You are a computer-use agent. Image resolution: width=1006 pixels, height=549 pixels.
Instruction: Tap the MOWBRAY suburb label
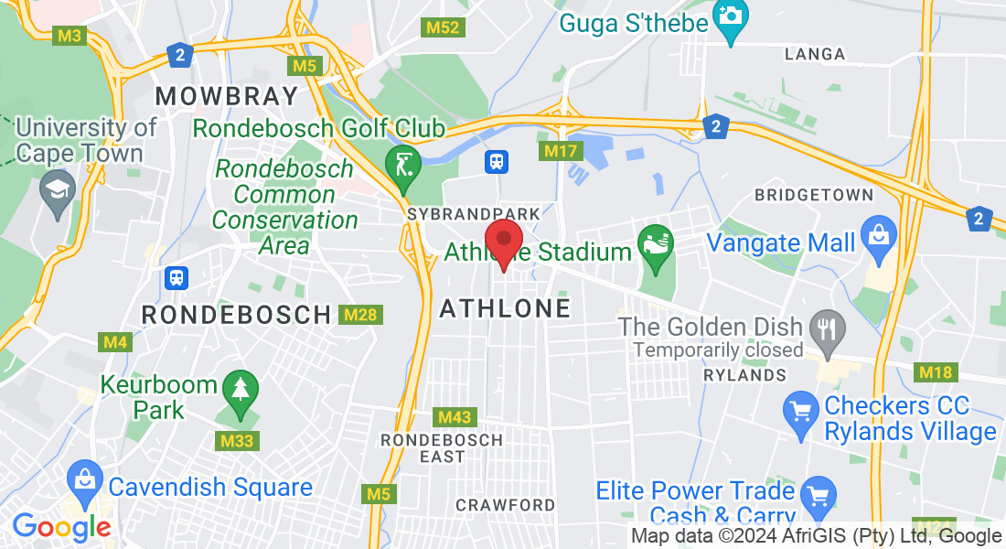[227, 96]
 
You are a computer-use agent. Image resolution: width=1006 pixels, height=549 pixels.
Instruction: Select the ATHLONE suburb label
[505, 309]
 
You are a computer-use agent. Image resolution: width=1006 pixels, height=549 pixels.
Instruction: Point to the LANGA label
[815, 54]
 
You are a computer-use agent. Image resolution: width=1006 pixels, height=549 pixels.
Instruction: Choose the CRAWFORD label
[505, 505]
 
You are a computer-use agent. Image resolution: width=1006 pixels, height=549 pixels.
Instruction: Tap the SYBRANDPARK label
[474, 214]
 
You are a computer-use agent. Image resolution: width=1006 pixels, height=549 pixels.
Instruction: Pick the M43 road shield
[455, 417]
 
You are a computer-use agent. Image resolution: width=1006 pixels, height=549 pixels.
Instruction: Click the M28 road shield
[359, 315]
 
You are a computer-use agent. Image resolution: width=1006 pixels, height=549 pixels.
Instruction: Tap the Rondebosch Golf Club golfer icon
[402, 165]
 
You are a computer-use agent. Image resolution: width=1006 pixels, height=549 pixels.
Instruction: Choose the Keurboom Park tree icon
[240, 391]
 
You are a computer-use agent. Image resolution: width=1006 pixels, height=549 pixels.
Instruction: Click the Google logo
[61, 527]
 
